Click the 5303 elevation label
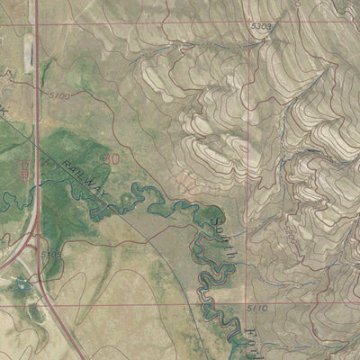point(261,27)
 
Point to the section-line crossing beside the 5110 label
point(246,307)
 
